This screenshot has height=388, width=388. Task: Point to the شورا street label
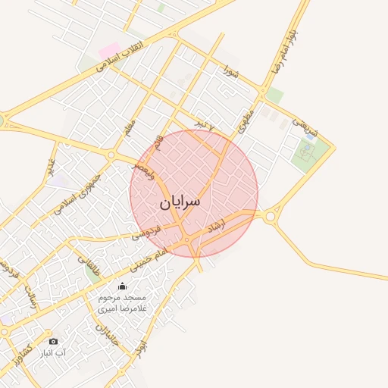231,72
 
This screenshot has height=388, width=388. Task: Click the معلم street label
130,130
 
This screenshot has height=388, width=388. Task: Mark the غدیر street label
52,167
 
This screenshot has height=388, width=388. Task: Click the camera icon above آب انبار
53,341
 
